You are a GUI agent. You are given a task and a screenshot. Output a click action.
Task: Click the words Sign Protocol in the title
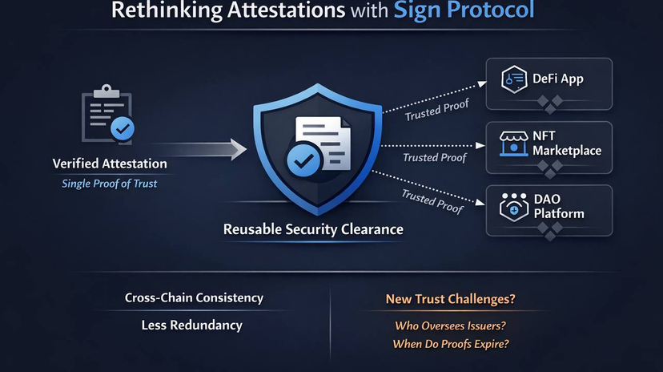[464, 12]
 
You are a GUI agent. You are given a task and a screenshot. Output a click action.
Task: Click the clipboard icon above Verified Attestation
[107, 118]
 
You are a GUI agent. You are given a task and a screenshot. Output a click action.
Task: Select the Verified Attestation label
[110, 164]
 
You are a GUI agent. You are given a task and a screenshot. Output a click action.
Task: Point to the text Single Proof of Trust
[110, 184]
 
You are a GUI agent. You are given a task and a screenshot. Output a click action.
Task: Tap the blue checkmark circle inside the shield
[303, 160]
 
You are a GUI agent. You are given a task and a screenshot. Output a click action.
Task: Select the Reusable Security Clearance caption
[313, 230]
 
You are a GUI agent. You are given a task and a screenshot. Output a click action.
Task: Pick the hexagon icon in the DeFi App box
[513, 79]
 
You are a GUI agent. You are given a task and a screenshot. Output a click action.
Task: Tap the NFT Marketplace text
[567, 144]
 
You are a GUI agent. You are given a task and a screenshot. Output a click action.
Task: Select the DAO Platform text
[561, 207]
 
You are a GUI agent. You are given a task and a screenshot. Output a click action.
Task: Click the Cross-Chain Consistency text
[194, 297]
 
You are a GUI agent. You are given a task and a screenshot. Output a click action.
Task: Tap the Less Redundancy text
[191, 325]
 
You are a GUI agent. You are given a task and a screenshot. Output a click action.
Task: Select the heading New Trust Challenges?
[450, 299]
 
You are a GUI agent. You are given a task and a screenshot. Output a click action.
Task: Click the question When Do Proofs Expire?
[451, 344]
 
